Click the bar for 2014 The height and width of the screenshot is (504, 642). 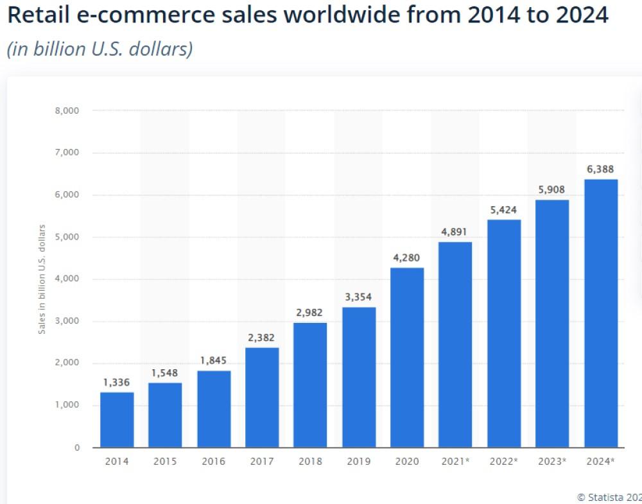pos(117,420)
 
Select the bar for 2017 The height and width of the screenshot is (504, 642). pos(262,397)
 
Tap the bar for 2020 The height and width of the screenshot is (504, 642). pos(407,358)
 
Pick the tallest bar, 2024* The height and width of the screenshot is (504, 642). pos(601,313)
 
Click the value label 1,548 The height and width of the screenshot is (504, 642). pos(165,373)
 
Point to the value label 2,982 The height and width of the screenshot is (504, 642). pos(310,313)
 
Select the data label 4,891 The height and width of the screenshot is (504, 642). pos(455,232)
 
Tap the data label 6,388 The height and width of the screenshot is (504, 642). pos(600,169)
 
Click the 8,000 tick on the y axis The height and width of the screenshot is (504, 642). pos(67,110)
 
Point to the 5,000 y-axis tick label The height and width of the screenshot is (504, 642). pos(67,237)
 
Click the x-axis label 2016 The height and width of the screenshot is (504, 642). pos(213,462)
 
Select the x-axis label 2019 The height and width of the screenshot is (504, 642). pos(358,462)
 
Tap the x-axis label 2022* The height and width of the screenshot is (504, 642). pos(504,462)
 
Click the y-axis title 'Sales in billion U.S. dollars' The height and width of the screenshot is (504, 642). pos(42,279)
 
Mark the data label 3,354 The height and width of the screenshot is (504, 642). pos(358,297)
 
